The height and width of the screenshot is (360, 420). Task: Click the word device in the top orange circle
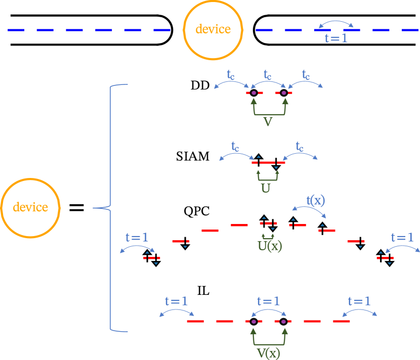pyautogui.click(x=213, y=29)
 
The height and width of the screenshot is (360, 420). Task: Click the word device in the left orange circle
pyautogui.click(x=30, y=207)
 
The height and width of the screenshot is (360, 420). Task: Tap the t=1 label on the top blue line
pyautogui.click(x=336, y=37)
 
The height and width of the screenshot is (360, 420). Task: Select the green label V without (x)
pyautogui.click(x=268, y=122)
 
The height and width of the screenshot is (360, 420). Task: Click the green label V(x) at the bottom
pyautogui.click(x=268, y=352)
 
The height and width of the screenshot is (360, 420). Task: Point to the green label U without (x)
pyautogui.click(x=266, y=189)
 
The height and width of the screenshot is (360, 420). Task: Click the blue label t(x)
pyautogui.click(x=316, y=200)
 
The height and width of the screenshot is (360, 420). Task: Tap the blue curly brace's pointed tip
pyautogui.click(x=94, y=208)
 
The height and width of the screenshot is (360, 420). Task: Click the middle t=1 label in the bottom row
pyautogui.click(x=268, y=302)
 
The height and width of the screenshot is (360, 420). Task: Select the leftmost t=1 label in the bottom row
pyautogui.click(x=176, y=301)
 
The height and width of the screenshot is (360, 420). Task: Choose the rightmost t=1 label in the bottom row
pyautogui.click(x=359, y=301)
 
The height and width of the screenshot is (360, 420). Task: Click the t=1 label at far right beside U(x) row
pyautogui.click(x=402, y=237)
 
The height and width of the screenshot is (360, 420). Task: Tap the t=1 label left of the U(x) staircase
pyautogui.click(x=137, y=237)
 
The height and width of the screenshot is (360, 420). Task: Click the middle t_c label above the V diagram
pyautogui.click(x=268, y=75)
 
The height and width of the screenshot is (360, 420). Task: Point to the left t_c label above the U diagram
pyautogui.click(x=235, y=146)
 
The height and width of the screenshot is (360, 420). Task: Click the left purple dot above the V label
pyautogui.click(x=254, y=93)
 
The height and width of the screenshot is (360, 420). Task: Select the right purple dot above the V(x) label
pyautogui.click(x=283, y=322)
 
